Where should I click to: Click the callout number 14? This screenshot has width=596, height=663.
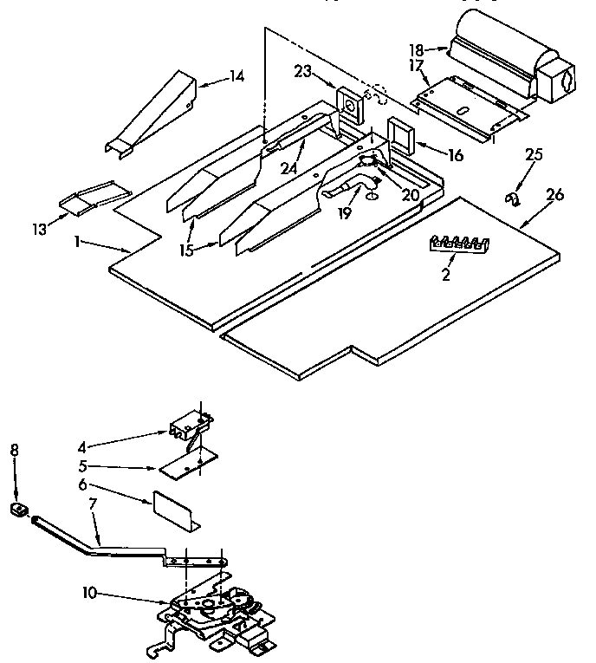click(235, 77)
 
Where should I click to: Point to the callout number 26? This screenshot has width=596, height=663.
click(554, 195)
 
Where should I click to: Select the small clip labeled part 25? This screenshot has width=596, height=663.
click(512, 201)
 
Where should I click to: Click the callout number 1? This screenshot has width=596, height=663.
click(78, 243)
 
